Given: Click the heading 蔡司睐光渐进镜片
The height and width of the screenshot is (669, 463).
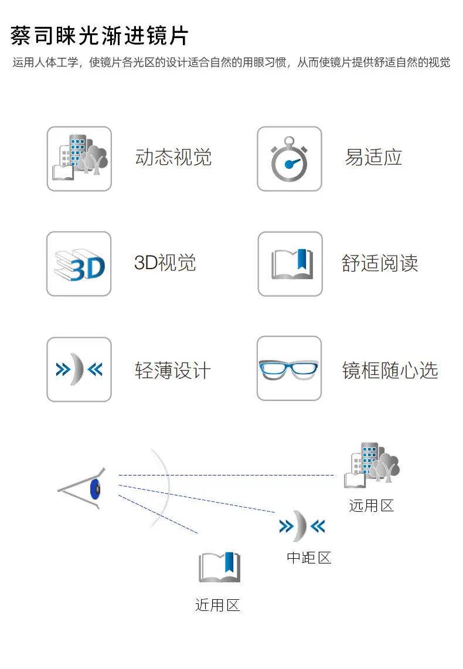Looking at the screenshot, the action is [99, 35].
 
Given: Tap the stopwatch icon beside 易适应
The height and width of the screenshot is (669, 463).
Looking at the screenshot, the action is [290, 159].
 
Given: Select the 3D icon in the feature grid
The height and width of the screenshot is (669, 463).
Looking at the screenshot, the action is [79, 264].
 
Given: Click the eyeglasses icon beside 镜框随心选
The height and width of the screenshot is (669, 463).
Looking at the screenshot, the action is [289, 368].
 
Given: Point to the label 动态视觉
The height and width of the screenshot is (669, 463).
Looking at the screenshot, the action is [173, 157].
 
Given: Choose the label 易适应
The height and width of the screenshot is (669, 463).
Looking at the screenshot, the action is [373, 157].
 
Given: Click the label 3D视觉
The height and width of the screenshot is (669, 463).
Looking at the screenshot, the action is [165, 263].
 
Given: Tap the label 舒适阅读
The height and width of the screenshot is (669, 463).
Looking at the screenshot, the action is [380, 263].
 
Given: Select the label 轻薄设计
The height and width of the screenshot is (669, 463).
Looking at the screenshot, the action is [173, 370].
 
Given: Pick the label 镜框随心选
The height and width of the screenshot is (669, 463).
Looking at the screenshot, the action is [390, 370].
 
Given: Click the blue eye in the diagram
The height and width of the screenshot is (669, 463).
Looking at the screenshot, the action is [95, 489].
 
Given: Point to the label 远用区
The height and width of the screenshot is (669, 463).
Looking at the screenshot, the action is [372, 505].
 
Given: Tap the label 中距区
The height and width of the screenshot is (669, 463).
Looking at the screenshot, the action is [309, 558].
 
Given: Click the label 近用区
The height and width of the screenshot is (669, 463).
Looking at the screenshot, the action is [217, 605].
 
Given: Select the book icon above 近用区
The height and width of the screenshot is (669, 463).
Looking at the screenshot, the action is [220, 567].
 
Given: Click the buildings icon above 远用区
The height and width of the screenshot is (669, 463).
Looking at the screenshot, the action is [372, 465].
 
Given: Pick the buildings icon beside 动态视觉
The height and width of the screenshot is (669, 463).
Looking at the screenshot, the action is [79, 159].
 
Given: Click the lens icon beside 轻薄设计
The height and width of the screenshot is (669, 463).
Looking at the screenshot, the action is [79, 369].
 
